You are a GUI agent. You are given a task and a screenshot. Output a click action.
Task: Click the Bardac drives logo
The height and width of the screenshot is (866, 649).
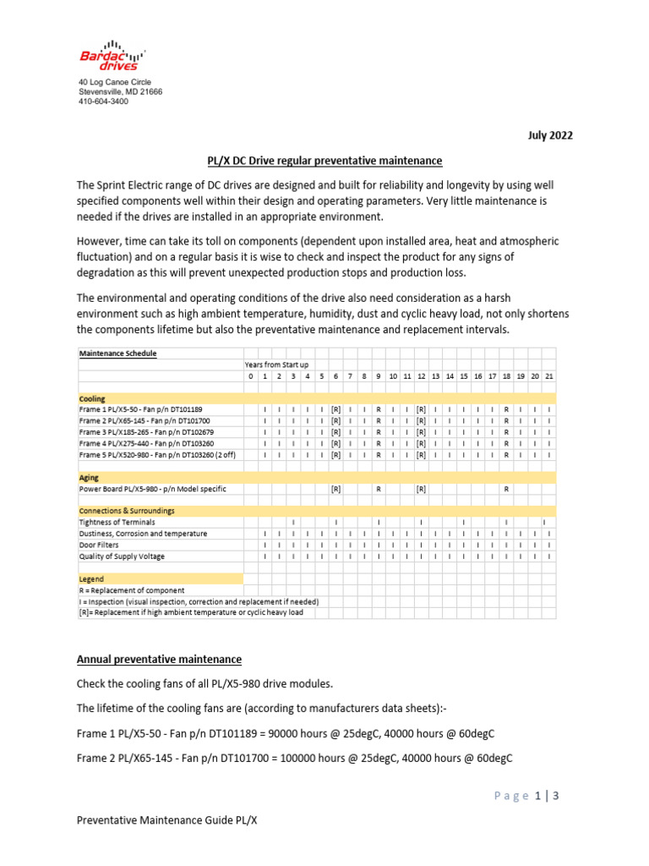pyautogui.click(x=109, y=55)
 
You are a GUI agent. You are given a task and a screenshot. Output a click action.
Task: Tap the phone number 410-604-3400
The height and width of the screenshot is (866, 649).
pyautogui.click(x=103, y=101)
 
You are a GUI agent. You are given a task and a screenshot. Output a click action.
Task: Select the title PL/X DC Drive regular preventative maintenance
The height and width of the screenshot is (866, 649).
pyautogui.click(x=325, y=161)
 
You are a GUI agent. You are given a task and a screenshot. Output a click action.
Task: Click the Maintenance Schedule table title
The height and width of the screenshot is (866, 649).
pyautogui.click(x=117, y=353)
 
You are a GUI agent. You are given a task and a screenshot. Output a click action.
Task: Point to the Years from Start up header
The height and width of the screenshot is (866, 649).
pyautogui.click(x=276, y=364)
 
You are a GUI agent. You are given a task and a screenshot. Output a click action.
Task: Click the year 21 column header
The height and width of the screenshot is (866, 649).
pyautogui.click(x=549, y=375)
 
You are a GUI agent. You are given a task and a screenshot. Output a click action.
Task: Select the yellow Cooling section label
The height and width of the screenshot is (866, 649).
pyautogui.click(x=92, y=397)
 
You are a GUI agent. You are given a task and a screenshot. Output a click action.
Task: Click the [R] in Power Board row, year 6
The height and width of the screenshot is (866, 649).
pyautogui.click(x=335, y=489)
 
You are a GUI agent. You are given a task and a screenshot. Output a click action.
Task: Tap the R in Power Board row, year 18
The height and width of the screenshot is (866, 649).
pyautogui.click(x=506, y=489)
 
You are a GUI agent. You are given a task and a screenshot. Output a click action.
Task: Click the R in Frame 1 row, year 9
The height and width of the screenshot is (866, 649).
pyautogui.click(x=379, y=408)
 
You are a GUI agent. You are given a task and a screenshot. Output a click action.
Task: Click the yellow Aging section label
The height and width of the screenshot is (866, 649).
pyautogui.click(x=89, y=478)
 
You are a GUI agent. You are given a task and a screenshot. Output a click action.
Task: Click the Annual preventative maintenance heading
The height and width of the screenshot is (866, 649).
pyautogui.click(x=159, y=659)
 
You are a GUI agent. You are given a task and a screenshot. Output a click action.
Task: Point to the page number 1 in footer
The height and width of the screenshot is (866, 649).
pyautogui.click(x=537, y=795)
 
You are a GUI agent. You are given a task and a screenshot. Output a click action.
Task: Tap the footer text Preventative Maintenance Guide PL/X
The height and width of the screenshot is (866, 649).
pyautogui.click(x=166, y=820)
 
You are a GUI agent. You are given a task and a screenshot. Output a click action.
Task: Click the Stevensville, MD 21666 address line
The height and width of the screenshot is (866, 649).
pyautogui.click(x=120, y=91)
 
